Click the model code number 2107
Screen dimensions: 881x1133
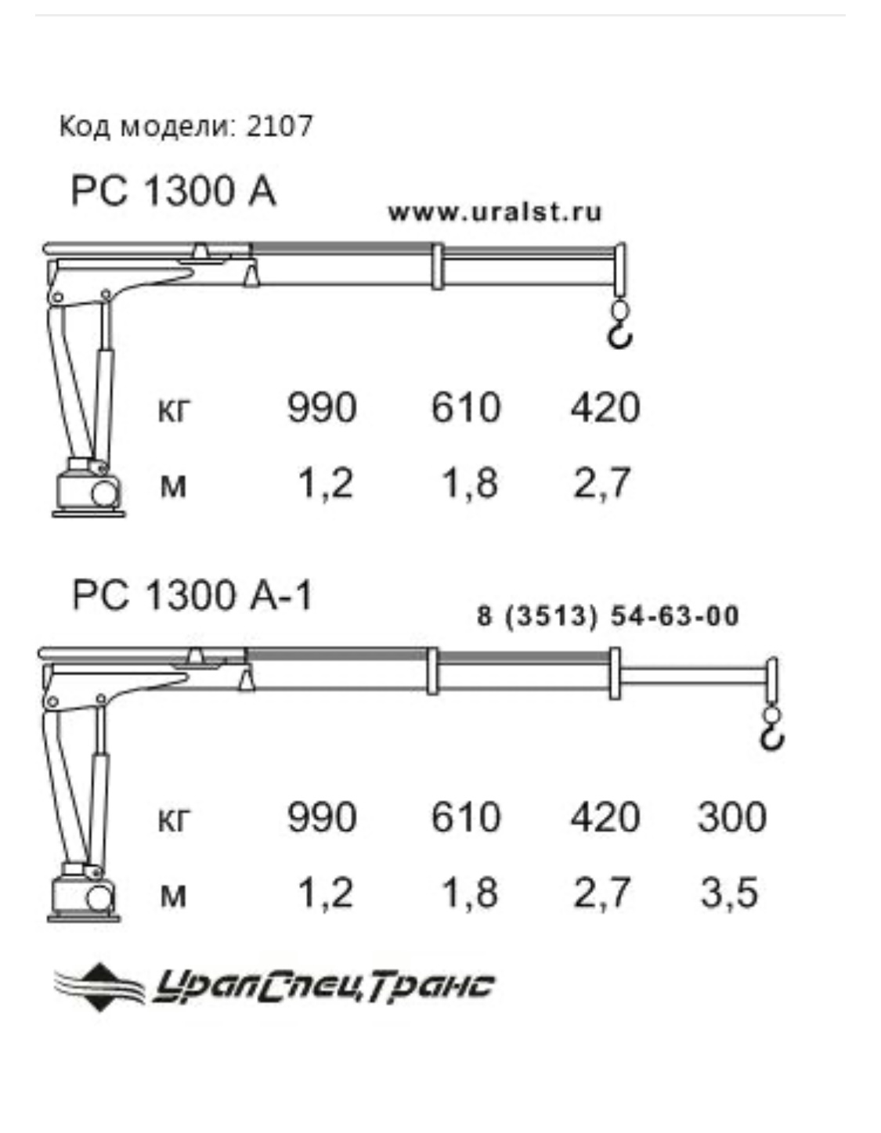[280, 126]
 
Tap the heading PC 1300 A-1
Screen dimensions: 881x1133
[192, 595]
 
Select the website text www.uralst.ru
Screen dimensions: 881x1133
[495, 212]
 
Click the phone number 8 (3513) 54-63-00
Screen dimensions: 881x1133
[608, 615]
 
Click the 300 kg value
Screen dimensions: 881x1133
[732, 817]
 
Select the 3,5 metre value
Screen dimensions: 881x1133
[729, 895]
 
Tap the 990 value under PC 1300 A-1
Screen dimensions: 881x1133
[322, 817]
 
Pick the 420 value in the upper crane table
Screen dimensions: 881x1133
[605, 407]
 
